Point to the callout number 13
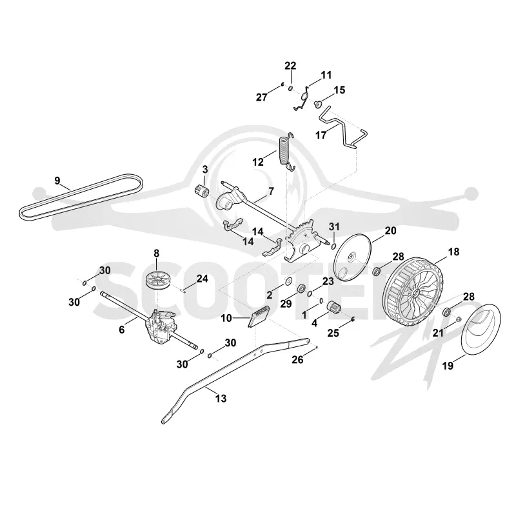pyautogui.click(x=221, y=399)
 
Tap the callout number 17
pyautogui.click(x=321, y=135)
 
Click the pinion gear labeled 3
pyautogui.click(x=201, y=192)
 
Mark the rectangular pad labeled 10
pyautogui.click(x=259, y=317)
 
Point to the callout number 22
pyautogui.click(x=290, y=66)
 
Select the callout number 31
pyautogui.click(x=334, y=226)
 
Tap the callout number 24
pyautogui.click(x=202, y=279)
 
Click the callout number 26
pyautogui.click(x=297, y=360)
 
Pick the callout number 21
pyautogui.click(x=438, y=333)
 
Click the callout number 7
pyautogui.click(x=271, y=191)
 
